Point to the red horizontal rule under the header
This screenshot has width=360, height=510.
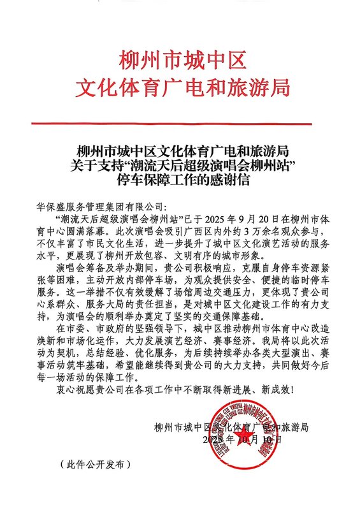(180, 122)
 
